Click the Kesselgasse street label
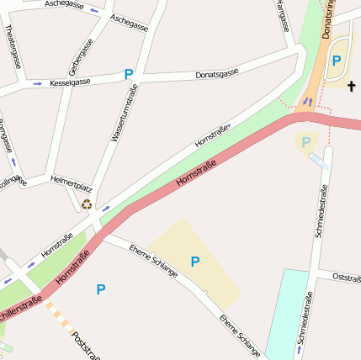(71, 82)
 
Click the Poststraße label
(85, 345)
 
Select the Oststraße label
(347, 277)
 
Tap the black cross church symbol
(351, 86)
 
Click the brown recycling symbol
(86, 204)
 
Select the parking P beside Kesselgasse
(129, 74)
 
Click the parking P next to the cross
(337, 60)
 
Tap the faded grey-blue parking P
(306, 142)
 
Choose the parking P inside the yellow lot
(195, 262)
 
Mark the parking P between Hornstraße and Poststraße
(101, 289)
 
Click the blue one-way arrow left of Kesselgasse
(37, 84)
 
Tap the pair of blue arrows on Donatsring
(307, 101)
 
